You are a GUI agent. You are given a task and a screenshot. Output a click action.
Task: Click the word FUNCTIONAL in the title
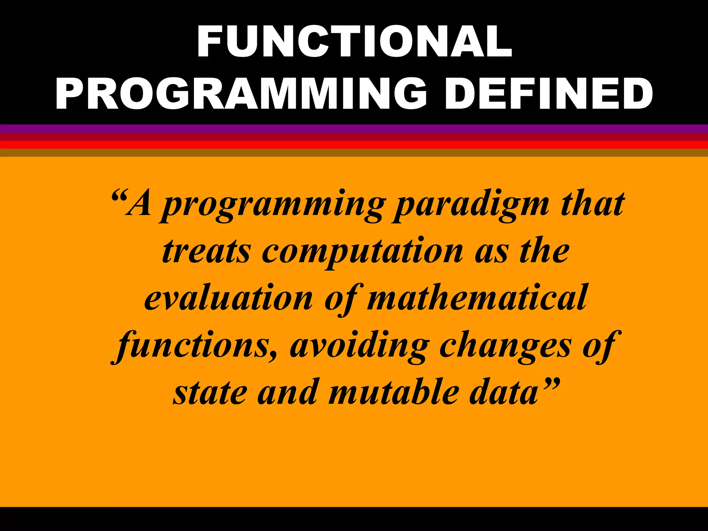click(x=354, y=41)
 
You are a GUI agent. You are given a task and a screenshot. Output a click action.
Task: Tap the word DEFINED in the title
click(x=549, y=94)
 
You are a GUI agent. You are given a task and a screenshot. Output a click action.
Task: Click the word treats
click(x=206, y=252)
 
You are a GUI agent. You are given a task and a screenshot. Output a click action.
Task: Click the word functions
click(x=192, y=346)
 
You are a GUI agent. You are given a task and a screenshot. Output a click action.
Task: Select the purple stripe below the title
click(x=354, y=129)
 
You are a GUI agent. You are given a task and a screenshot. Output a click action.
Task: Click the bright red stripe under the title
click(x=354, y=145)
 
